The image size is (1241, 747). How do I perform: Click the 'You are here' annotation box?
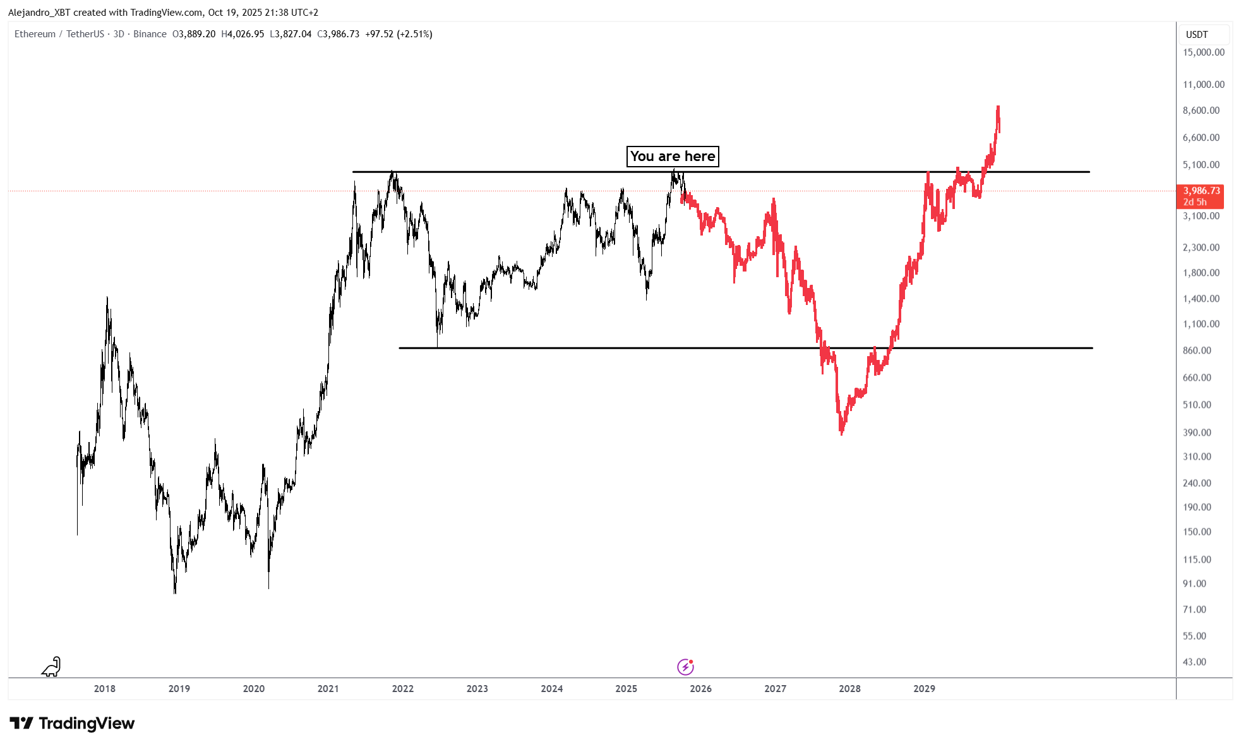[x=673, y=156]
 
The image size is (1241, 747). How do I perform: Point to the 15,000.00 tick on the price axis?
[x=1203, y=52]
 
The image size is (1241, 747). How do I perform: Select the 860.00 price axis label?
[x=1197, y=350]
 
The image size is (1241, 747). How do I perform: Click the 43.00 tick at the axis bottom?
[x=1194, y=662]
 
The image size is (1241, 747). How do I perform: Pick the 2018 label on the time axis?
[x=105, y=688]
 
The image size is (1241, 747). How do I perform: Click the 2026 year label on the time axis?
[x=700, y=688]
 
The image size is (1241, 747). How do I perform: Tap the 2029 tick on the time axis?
[x=924, y=688]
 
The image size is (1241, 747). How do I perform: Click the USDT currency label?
[x=1197, y=35]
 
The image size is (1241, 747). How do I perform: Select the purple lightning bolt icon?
[x=685, y=667]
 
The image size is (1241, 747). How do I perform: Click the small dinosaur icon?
[x=51, y=667]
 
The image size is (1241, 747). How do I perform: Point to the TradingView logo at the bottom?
[x=72, y=723]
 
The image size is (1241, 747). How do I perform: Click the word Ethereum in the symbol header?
[x=35, y=34]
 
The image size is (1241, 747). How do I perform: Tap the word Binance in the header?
[x=150, y=34]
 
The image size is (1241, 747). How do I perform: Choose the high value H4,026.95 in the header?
[x=243, y=34]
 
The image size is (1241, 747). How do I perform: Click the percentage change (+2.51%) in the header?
[x=414, y=34]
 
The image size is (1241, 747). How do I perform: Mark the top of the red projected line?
[x=998, y=107]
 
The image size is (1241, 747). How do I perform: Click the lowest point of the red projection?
[x=841, y=434]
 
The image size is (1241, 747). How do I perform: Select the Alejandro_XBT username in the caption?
[x=39, y=13]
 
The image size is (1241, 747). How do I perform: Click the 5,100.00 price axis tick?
[x=1201, y=165]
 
